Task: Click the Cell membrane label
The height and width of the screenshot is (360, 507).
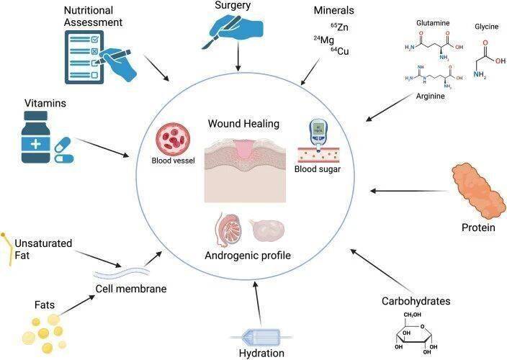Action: tap(131, 289)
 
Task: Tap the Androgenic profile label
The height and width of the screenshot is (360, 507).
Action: tap(248, 255)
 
